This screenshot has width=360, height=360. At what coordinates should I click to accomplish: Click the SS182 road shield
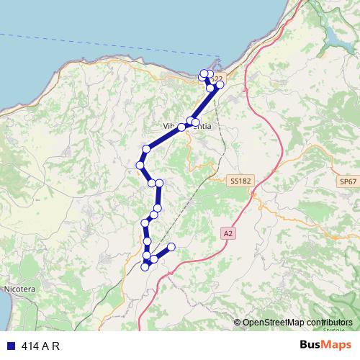(240, 181)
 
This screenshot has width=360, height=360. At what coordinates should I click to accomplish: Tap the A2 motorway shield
(228, 233)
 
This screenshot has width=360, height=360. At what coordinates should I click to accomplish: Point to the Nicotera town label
(19, 289)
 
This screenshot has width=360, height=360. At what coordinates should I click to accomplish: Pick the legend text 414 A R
(40, 346)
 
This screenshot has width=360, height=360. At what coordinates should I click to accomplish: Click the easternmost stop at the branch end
(171, 248)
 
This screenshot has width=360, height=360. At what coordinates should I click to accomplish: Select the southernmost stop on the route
(145, 267)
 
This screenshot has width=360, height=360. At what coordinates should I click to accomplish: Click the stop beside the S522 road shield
(220, 85)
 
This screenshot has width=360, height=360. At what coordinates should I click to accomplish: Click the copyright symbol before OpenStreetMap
(238, 322)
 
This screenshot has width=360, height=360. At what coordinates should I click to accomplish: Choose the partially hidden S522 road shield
(217, 77)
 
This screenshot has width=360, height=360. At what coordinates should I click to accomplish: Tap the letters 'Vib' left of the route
(170, 127)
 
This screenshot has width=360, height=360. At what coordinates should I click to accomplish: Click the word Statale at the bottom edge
(333, 330)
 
